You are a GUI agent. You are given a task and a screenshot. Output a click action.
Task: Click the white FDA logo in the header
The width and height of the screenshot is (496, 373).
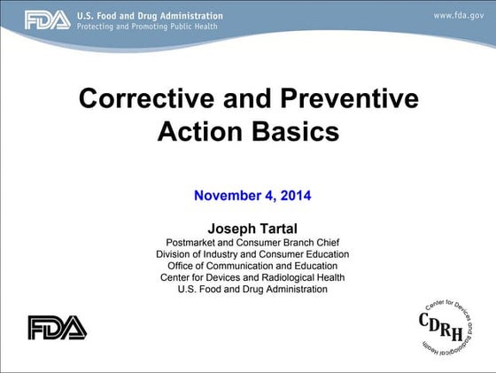[47, 20]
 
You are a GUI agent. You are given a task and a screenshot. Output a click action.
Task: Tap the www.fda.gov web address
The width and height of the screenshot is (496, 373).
[458, 16]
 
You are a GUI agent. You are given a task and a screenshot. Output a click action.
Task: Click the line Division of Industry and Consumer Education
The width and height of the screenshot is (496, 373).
[252, 254]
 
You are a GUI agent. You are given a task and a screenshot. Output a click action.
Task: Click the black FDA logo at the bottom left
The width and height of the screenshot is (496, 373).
[58, 328]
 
